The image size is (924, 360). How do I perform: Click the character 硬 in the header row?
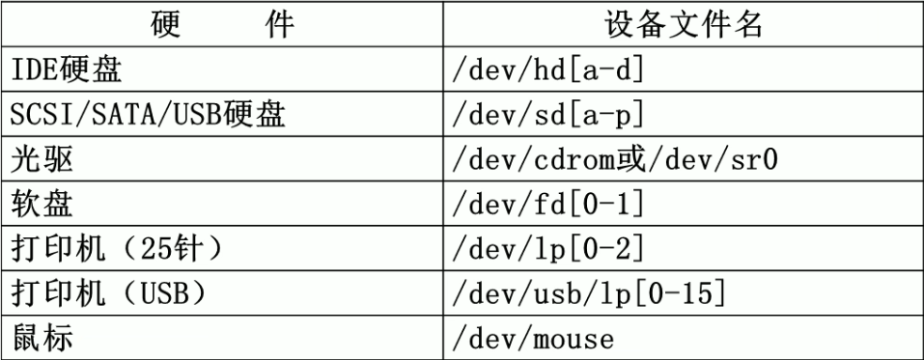click(x=170, y=24)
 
